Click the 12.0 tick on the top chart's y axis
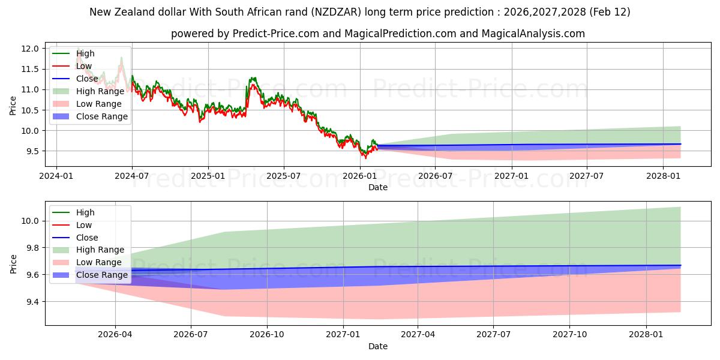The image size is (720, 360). pos(31,49)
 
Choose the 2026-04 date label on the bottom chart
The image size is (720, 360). pos(115,334)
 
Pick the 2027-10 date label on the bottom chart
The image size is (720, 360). pos(570,334)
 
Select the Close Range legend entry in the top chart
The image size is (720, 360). pos(101,116)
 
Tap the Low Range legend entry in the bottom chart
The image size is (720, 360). pos(99,262)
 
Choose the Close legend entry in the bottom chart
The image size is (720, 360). pos(87,238)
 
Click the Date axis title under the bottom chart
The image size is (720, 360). pos(378,346)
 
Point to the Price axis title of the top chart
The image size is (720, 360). pos(13,105)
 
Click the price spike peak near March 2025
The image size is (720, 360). pos(253,77)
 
